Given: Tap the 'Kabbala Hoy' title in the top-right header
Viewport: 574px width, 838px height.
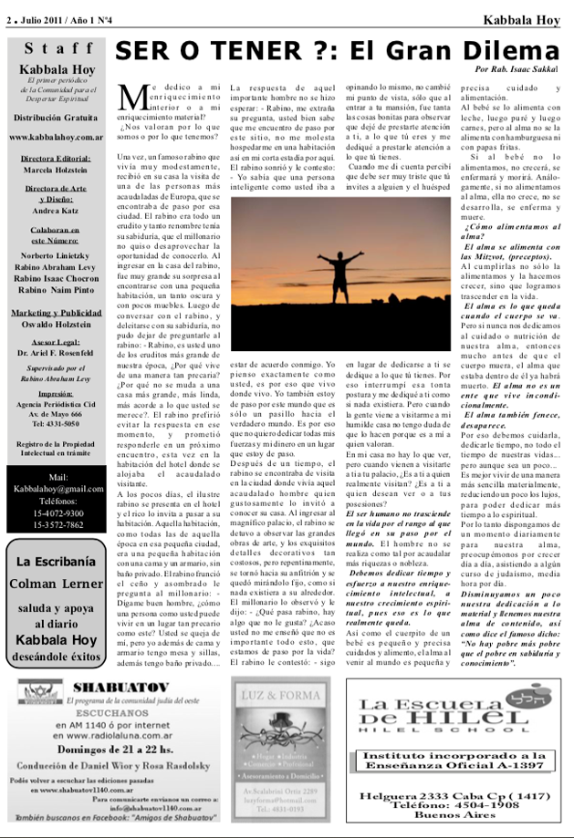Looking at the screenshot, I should coord(523,19).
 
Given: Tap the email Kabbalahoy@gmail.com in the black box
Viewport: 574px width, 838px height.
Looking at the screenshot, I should coord(58,489).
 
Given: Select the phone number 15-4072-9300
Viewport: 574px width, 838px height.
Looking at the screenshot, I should coord(58,513).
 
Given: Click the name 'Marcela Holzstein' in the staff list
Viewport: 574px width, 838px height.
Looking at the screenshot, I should coord(57,171).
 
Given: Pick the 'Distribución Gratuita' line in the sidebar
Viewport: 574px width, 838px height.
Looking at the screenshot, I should coord(57,119).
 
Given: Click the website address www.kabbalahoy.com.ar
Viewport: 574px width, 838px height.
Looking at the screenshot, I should coord(57,137).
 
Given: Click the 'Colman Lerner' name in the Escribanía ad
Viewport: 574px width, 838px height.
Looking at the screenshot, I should coord(57,584).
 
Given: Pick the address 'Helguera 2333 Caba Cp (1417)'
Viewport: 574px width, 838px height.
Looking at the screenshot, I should coord(466,796).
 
